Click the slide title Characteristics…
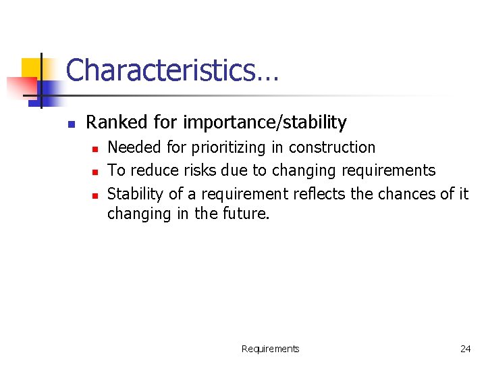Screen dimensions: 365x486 click(171, 70)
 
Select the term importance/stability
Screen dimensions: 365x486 click(265, 123)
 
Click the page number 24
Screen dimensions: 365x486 click(465, 349)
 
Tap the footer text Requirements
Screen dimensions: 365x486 click(270, 349)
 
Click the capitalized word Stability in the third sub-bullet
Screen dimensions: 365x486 click(135, 194)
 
